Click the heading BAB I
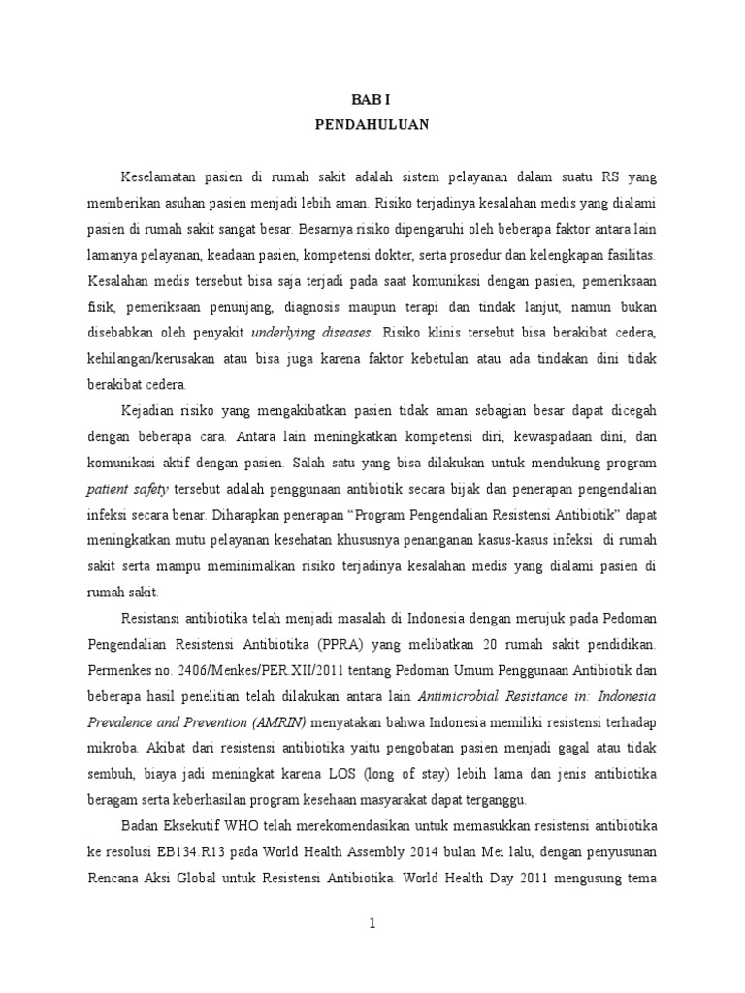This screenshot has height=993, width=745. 372,100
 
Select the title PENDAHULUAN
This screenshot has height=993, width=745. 372,125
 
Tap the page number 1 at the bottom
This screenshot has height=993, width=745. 372,924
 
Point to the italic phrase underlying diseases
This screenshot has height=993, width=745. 310,333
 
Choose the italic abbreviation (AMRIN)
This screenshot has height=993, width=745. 277,720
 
